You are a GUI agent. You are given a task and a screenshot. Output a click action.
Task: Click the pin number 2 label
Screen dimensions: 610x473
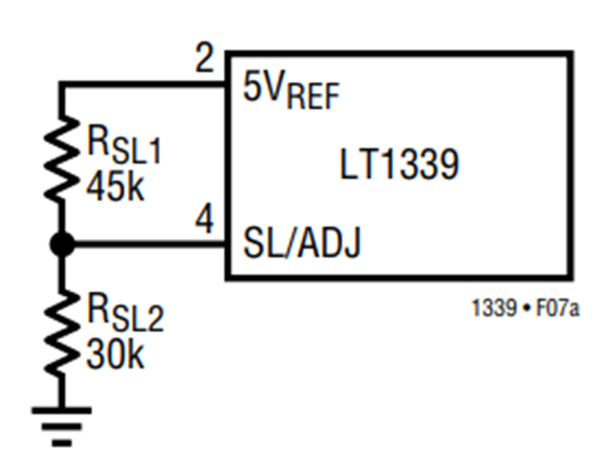click(x=205, y=58)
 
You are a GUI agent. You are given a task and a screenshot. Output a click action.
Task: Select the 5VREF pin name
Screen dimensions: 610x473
click(x=291, y=89)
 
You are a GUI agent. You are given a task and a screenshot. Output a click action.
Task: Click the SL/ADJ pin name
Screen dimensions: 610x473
click(x=302, y=243)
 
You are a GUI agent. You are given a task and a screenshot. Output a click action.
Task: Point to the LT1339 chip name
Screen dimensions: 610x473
click(x=399, y=164)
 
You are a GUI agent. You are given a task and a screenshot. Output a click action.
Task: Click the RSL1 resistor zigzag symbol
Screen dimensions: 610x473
click(x=62, y=159)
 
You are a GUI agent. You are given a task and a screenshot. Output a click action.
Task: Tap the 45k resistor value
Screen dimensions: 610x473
click(x=115, y=188)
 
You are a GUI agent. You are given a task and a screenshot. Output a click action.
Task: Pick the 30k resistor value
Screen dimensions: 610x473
click(x=115, y=355)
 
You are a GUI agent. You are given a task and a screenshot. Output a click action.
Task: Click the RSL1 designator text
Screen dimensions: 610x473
click(x=124, y=145)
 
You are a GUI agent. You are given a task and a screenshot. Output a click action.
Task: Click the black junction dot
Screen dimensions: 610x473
click(x=62, y=244)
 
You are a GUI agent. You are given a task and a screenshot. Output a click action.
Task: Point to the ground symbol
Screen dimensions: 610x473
click(x=62, y=426)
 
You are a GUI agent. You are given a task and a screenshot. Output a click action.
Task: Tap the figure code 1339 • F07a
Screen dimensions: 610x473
click(x=525, y=308)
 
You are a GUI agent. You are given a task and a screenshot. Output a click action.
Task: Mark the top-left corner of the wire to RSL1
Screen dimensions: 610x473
click(x=62, y=84)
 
